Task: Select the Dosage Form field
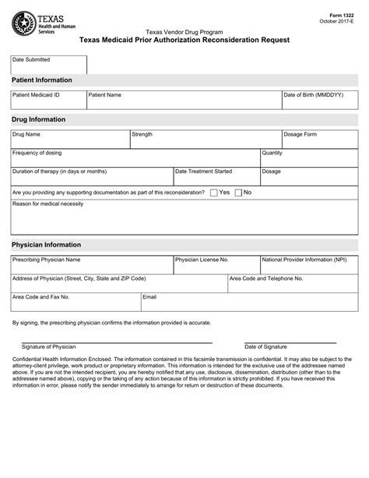coord(319,141)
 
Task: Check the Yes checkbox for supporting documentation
coord(214,192)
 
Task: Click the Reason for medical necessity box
coord(184,220)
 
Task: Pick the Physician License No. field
coord(216,266)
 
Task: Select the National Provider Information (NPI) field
coord(308,266)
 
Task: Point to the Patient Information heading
coord(42,80)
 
